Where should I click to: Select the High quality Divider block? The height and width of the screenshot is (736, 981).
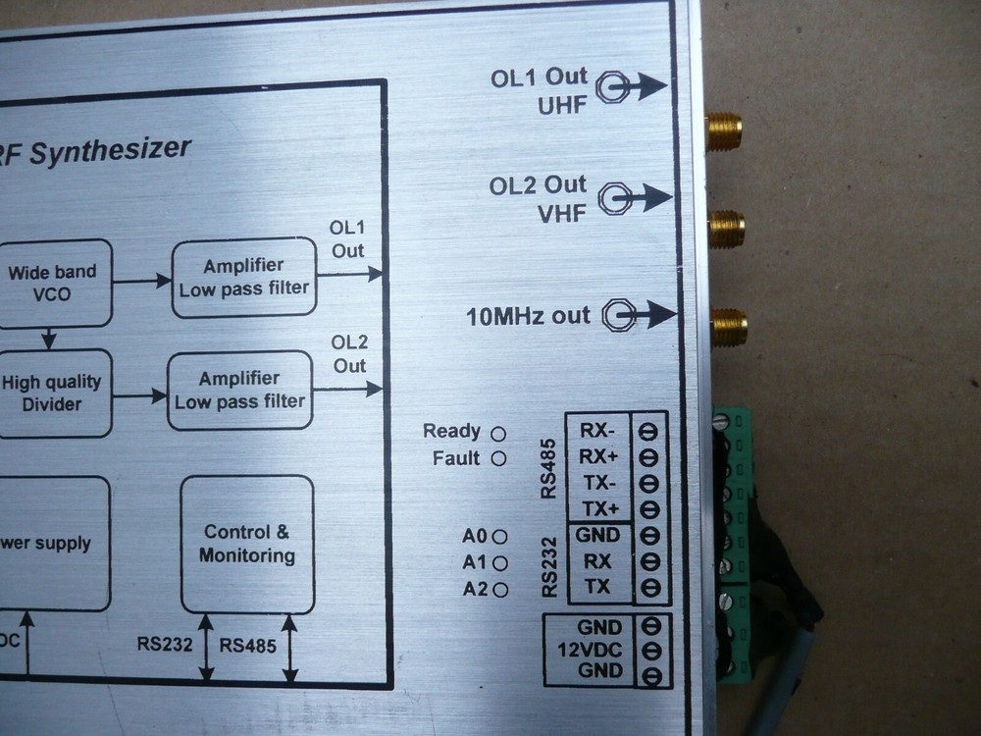click(53, 394)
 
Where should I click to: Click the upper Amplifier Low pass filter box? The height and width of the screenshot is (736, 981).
click(244, 277)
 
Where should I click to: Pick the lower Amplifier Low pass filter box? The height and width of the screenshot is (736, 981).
click(239, 391)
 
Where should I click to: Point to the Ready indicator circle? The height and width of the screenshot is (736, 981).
click(498, 433)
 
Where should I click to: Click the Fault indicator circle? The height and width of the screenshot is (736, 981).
click(498, 459)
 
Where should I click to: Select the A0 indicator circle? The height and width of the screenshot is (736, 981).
click(500, 537)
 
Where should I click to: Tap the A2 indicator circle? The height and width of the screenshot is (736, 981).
click(500, 590)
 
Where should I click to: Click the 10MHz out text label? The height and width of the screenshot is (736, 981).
click(528, 316)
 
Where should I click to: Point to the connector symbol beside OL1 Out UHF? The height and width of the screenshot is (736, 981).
click(612, 87)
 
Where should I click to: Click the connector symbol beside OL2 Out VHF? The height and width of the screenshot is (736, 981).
click(614, 199)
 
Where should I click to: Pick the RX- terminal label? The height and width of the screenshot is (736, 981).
click(598, 430)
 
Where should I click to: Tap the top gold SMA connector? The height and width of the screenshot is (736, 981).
click(724, 131)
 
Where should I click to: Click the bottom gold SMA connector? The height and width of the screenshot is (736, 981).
click(728, 327)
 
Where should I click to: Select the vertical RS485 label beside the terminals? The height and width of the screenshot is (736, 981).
click(550, 471)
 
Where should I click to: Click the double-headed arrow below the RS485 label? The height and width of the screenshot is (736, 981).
click(289, 648)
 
